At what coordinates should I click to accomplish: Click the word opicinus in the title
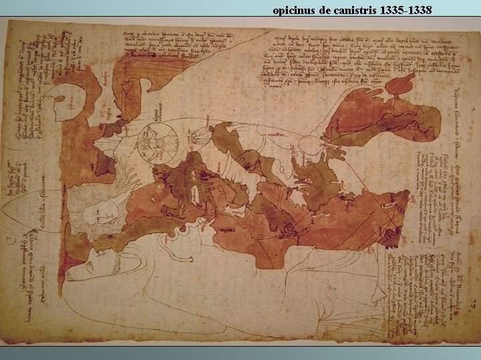tap(292, 11)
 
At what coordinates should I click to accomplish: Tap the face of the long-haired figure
tap(100, 212)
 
